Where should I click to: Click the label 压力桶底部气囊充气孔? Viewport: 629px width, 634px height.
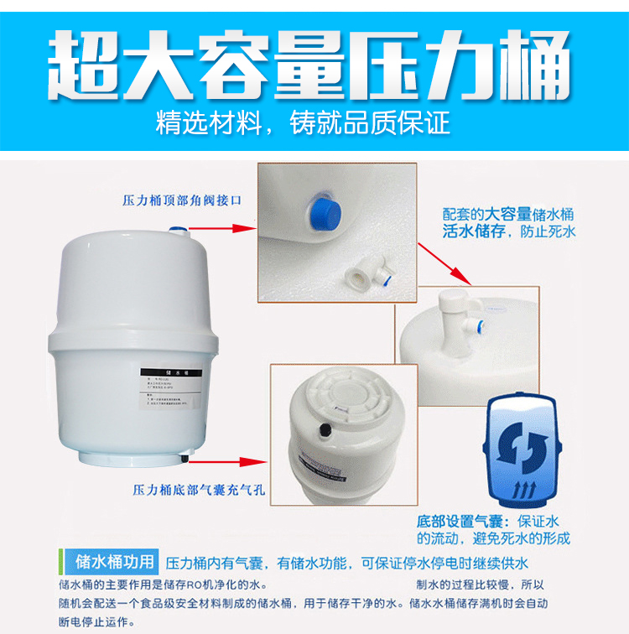pyautogui.click(x=198, y=490)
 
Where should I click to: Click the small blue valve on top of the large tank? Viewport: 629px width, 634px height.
pyautogui.click(x=175, y=228)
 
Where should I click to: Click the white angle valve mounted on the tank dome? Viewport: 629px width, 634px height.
pyautogui.click(x=458, y=314)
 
